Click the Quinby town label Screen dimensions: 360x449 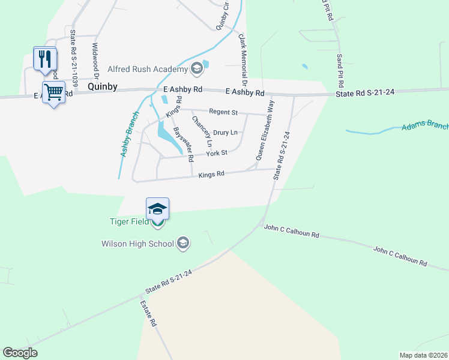click(102, 86)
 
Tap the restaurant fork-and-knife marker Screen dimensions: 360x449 click(45, 59)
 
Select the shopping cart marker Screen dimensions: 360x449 click(53, 93)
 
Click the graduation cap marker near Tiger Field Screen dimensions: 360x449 click(157, 209)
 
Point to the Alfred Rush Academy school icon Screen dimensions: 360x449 click(196, 69)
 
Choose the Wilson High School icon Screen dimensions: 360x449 click(184, 244)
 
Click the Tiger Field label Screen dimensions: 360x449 click(128, 221)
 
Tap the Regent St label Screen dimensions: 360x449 click(223, 112)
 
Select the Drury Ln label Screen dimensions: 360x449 click(225, 132)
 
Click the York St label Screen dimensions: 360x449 click(216, 153)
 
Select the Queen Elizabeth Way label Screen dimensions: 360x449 click(265, 131)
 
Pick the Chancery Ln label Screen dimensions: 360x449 click(202, 131)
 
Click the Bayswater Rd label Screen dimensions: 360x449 click(183, 145)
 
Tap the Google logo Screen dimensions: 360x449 click(20, 353)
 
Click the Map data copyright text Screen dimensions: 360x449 click(423, 355)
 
